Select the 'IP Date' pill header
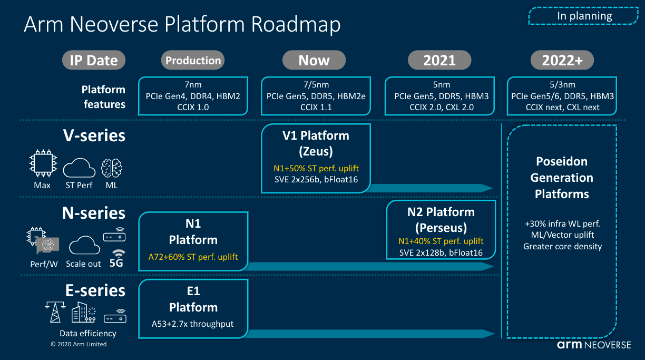[94, 60]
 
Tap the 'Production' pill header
[193, 60]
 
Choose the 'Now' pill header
[314, 60]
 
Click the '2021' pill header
[439, 60]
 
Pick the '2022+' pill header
[562, 60]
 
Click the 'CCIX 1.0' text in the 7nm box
[193, 107]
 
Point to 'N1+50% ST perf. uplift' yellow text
[316, 168]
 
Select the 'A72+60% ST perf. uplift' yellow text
[193, 257]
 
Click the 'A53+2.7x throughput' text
[193, 324]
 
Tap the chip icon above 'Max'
[43, 163]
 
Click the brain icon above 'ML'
[111, 168]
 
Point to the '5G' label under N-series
[116, 263]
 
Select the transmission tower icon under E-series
[55, 312]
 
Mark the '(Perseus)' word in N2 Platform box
[441, 228]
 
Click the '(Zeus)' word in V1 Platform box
[316, 151]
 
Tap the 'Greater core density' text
[562, 247]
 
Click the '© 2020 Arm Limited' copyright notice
[79, 344]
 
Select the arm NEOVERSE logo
[594, 345]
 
